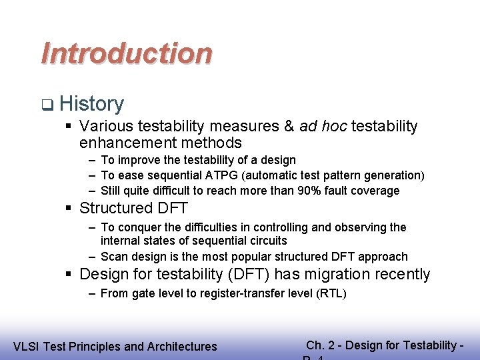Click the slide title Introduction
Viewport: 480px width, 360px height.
127,53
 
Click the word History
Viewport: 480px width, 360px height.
91,104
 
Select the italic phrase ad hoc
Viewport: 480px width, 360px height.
323,126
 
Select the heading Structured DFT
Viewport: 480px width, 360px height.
133,208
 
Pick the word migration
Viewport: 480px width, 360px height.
339,274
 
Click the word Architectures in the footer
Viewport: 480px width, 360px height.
181,346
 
